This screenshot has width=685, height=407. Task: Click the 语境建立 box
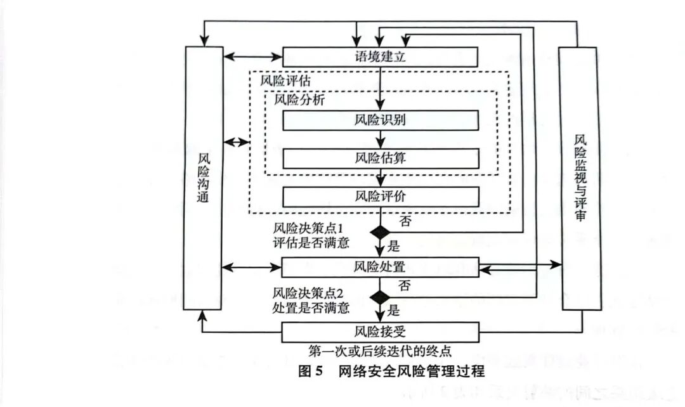tap(380, 56)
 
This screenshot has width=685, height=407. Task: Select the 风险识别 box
tap(380, 120)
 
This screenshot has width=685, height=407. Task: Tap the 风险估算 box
tap(380, 158)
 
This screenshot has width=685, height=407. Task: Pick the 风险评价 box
tap(380, 197)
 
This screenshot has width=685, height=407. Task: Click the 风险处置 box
tap(380, 267)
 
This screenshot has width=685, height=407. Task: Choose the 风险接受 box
tap(380, 331)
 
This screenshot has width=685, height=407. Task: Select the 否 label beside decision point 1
tap(406, 221)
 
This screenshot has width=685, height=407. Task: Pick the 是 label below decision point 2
tap(394, 311)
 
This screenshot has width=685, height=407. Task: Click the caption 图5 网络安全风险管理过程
tap(391, 371)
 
